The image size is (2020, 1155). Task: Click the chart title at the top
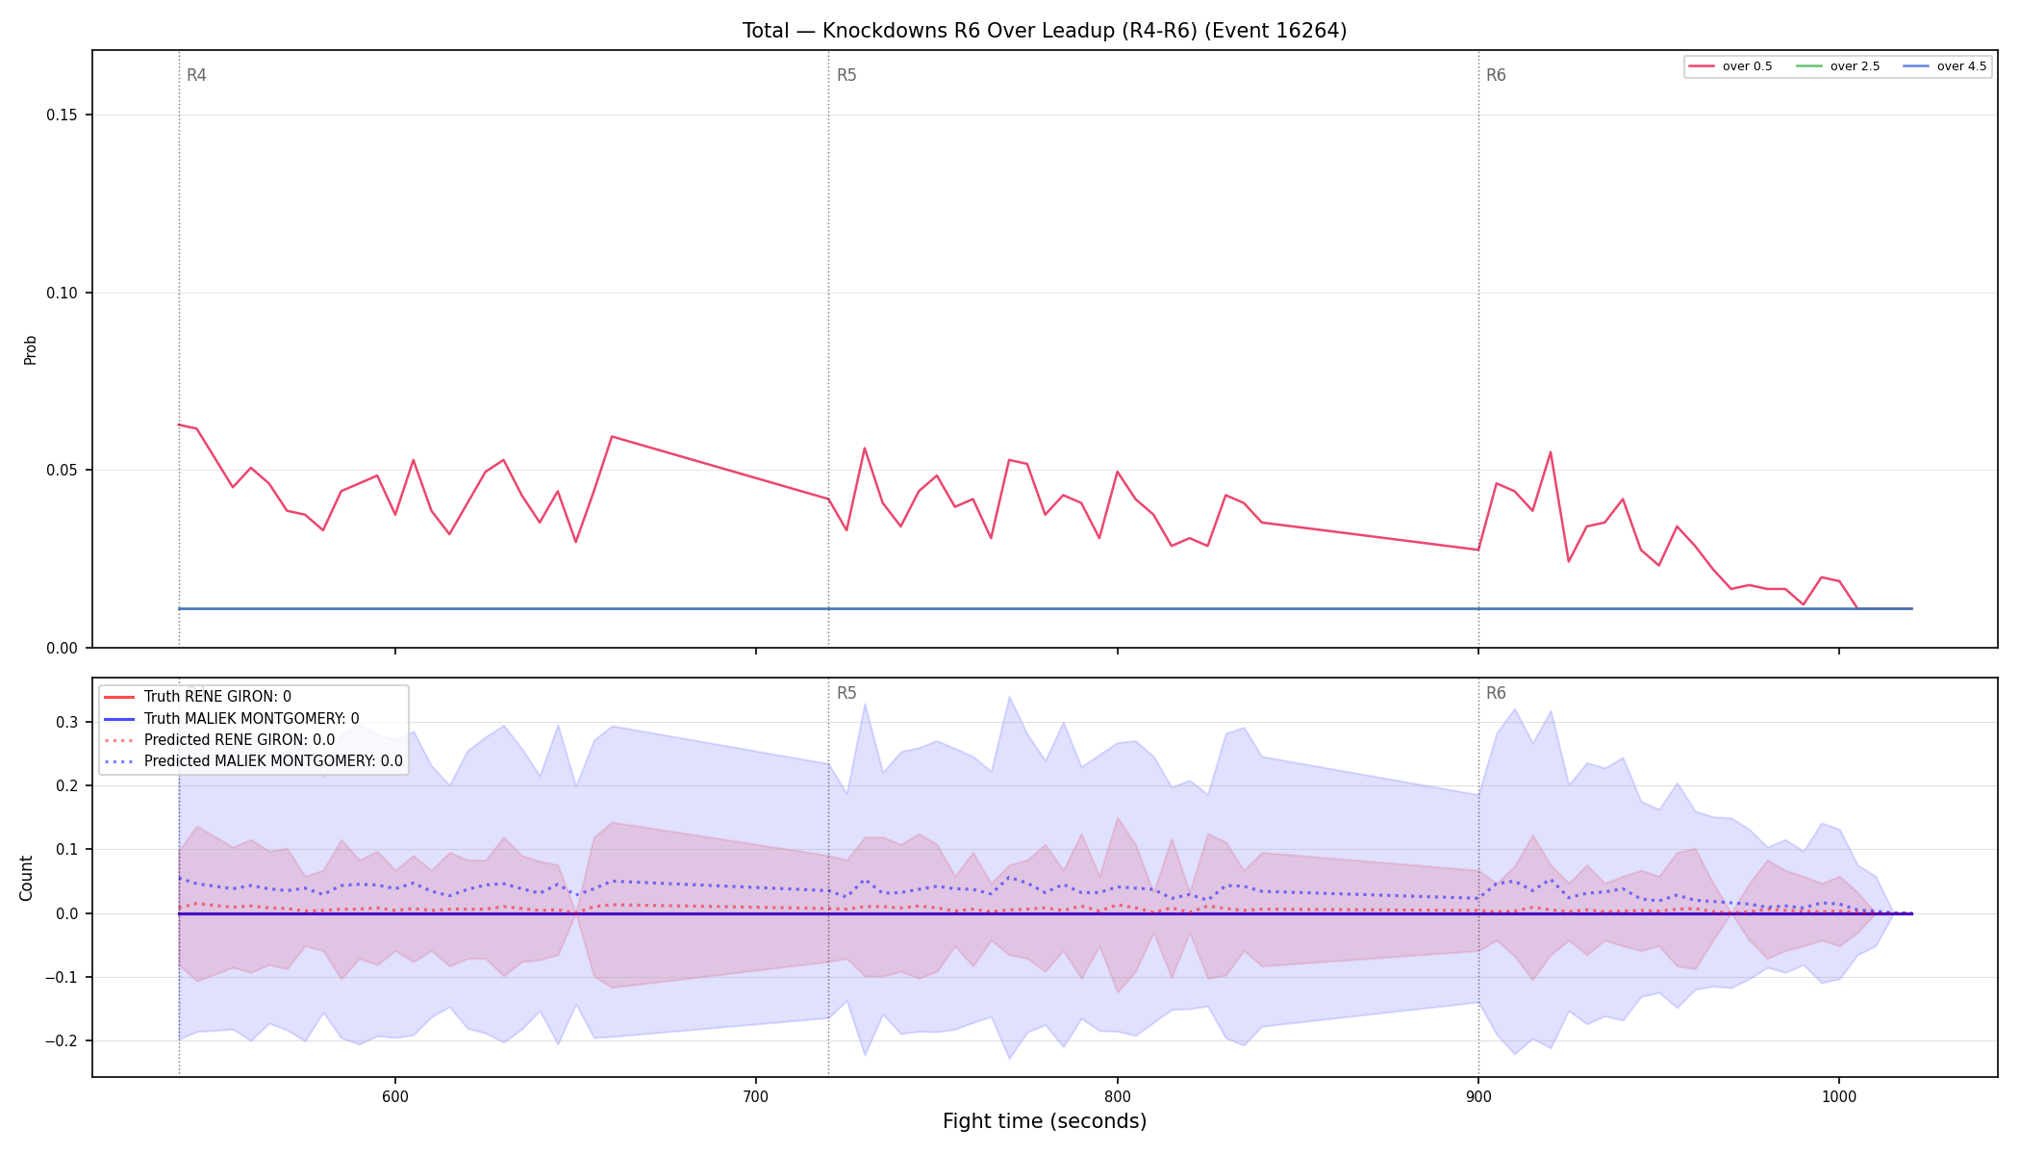(x=1044, y=31)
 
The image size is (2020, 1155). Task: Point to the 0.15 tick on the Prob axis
(x=63, y=115)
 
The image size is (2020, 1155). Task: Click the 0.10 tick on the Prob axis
(x=63, y=293)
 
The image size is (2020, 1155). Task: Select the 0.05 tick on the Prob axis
(x=63, y=471)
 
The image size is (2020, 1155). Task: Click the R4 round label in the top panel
(x=196, y=75)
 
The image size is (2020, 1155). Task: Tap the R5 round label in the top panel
(x=846, y=75)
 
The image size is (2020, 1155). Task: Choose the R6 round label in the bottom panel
(x=1496, y=693)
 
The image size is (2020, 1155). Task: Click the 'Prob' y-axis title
(x=31, y=349)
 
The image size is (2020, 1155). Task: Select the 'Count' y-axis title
(x=26, y=878)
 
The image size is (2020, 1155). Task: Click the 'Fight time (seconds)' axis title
(x=1045, y=1121)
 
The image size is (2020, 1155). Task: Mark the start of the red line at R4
(x=179, y=424)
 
